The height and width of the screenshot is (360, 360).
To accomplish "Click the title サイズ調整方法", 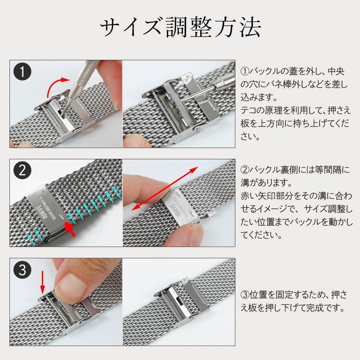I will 180,28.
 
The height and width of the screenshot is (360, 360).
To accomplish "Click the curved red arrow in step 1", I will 56,85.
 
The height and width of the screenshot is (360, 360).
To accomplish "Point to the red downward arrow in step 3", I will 43,281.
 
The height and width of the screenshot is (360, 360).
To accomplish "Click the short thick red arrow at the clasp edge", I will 70,227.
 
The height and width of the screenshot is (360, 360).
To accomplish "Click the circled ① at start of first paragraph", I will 245,72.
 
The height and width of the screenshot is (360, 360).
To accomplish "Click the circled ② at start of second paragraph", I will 245,170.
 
